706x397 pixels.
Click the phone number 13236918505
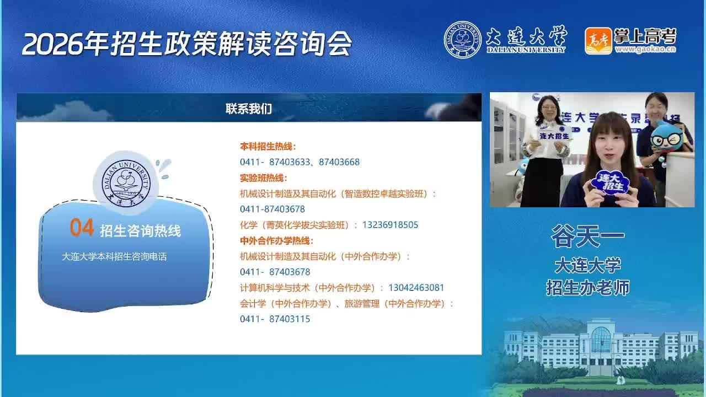pyautogui.click(x=390, y=224)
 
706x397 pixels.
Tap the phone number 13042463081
pyautogui.click(x=416, y=288)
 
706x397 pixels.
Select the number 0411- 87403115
pyautogui.click(x=275, y=319)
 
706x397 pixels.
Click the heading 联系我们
pyautogui.click(x=249, y=109)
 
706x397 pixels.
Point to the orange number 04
pyautogui.click(x=82, y=227)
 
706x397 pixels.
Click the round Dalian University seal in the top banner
pyautogui.click(x=462, y=40)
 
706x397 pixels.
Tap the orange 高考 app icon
pyautogui.click(x=598, y=41)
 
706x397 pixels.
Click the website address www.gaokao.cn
pyautogui.click(x=645, y=49)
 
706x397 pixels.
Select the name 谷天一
pyautogui.click(x=587, y=236)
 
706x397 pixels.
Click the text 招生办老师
pyautogui.click(x=588, y=288)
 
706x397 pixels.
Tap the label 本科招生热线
pyautogui.click(x=268, y=147)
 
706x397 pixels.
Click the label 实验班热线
pyautogui.click(x=264, y=178)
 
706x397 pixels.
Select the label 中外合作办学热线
pyautogui.click(x=277, y=241)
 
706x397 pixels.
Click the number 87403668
pyautogui.click(x=339, y=162)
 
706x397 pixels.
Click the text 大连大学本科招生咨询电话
pyautogui.click(x=114, y=257)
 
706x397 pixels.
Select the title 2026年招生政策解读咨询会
pyautogui.click(x=186, y=44)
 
